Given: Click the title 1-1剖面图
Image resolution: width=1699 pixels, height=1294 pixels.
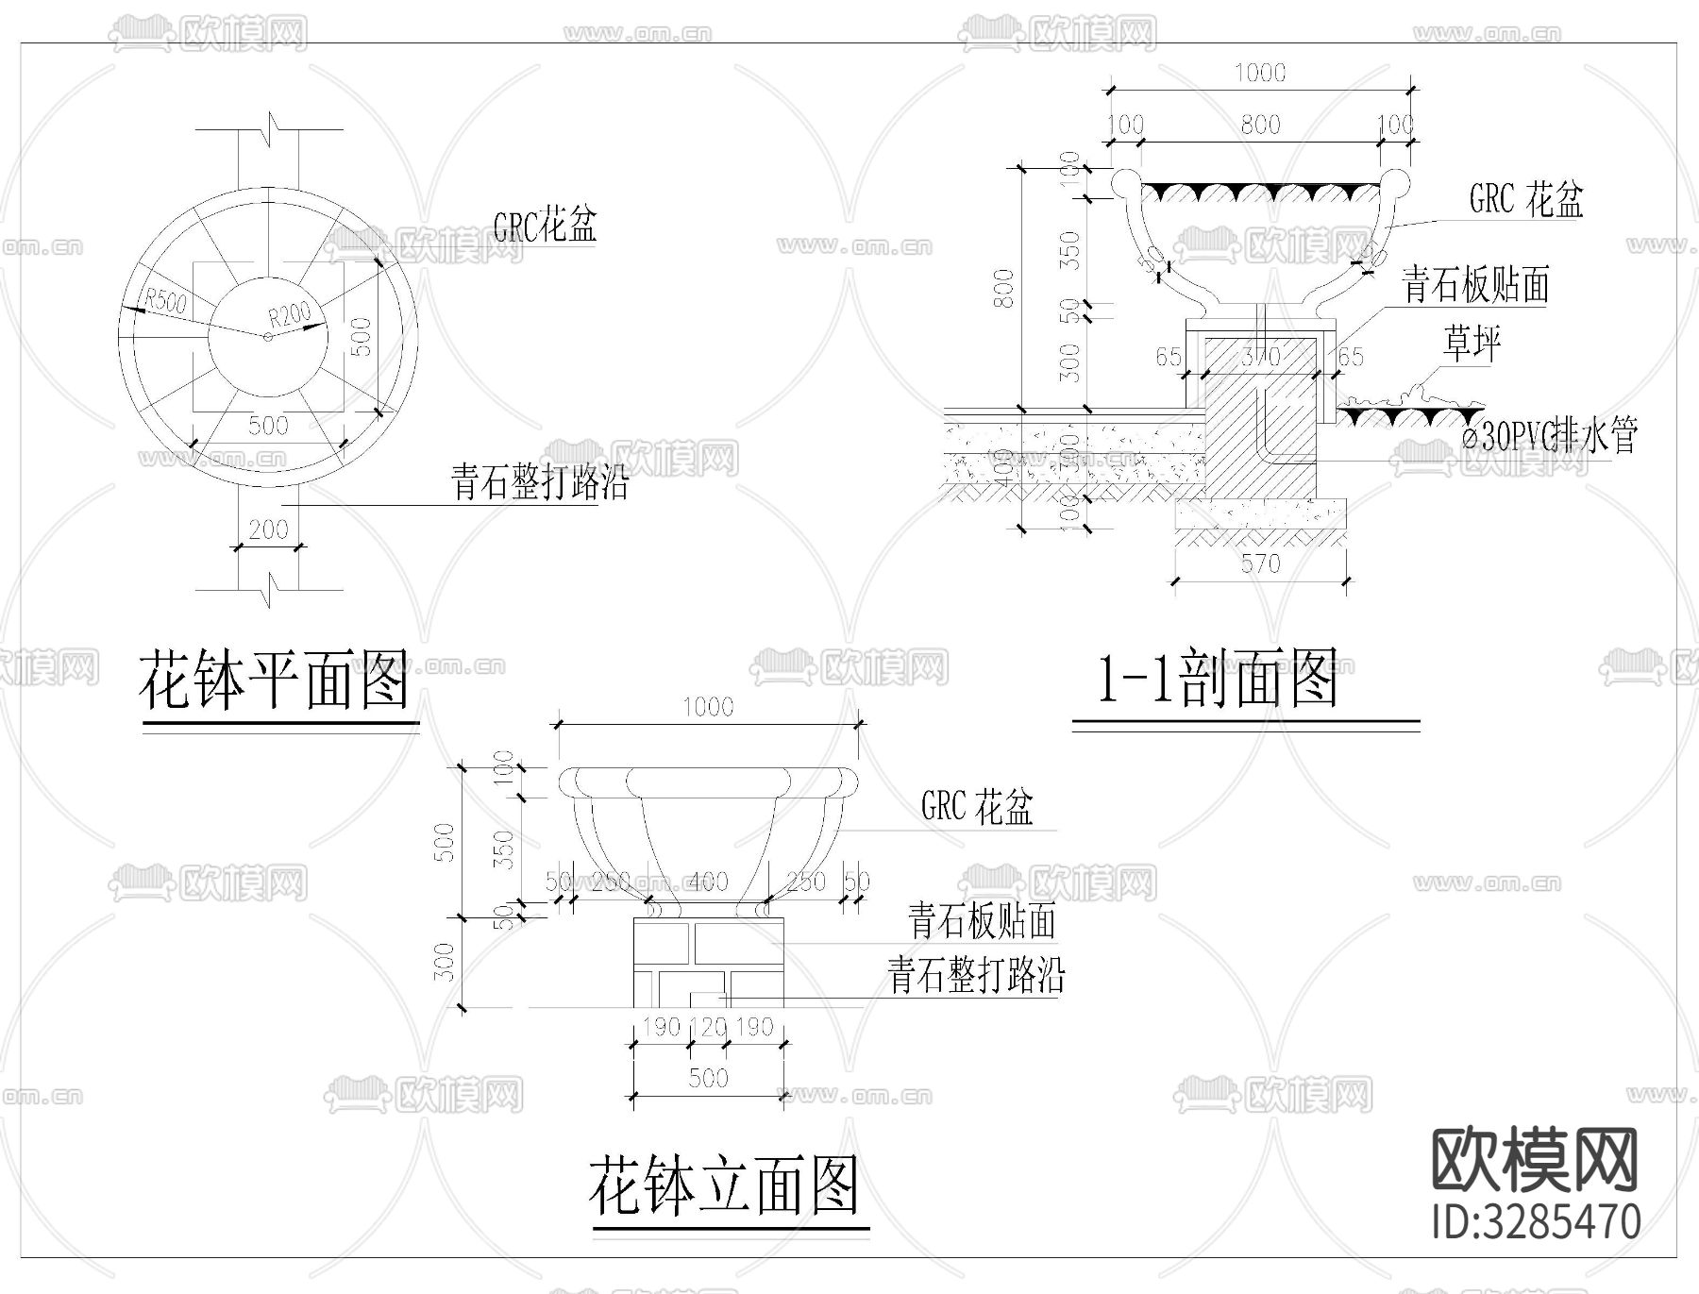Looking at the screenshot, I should [1217, 680].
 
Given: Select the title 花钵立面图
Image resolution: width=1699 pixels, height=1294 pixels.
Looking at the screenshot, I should [724, 1186].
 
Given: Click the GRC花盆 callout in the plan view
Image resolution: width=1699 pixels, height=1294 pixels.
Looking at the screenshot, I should [545, 226].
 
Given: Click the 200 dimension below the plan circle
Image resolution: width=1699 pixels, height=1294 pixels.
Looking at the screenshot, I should [268, 529].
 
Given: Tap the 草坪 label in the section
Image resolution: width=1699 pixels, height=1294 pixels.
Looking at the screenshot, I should [1471, 344].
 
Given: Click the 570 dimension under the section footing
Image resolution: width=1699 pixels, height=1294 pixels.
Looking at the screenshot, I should [1260, 564].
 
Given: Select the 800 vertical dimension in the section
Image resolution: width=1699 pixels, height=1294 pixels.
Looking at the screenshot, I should [1005, 288].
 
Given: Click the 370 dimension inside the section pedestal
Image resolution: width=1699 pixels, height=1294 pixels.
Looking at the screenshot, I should [1260, 357].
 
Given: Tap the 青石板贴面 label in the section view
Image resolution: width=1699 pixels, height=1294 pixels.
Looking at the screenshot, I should [1475, 285].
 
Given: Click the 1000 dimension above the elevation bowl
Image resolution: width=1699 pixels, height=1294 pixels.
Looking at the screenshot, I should [708, 707].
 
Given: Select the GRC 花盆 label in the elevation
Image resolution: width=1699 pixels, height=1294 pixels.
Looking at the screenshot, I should [977, 807].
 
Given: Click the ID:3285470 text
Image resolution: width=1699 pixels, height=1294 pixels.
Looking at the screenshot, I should [1536, 1220].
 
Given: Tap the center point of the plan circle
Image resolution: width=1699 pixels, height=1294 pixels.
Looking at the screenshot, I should [268, 336].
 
